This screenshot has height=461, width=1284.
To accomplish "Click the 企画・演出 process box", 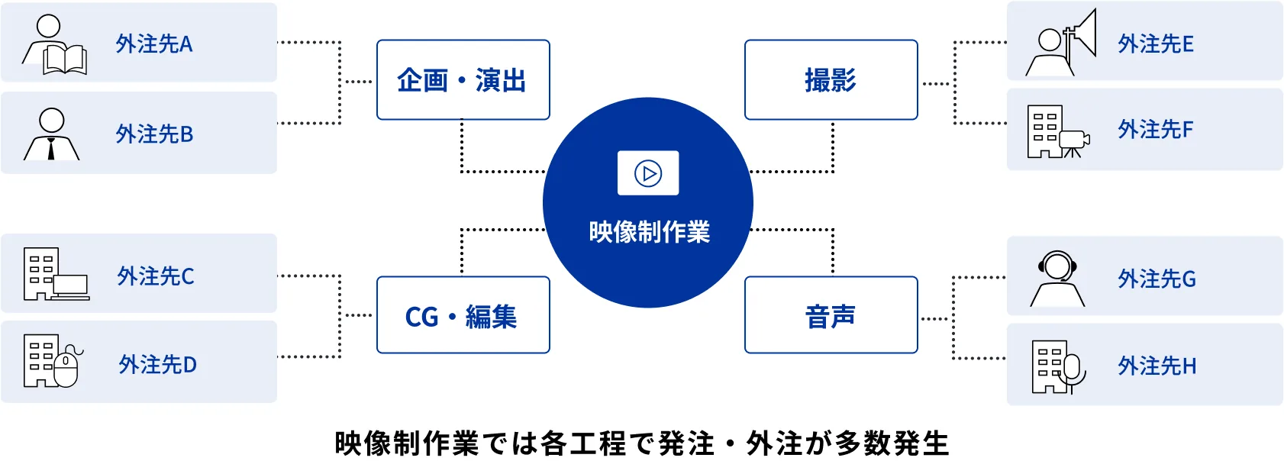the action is [463, 79].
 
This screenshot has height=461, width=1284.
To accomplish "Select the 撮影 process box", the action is [831, 79].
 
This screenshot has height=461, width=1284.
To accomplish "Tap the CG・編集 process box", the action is [463, 314].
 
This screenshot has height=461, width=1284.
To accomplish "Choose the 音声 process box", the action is [831, 314].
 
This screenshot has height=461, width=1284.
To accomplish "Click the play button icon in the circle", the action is [648, 173].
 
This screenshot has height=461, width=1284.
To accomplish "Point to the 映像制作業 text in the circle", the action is [650, 232].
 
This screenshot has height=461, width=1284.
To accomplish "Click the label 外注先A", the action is [154, 44].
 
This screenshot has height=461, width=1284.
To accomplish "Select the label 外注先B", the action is [154, 134].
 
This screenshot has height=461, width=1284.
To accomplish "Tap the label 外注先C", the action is [155, 276].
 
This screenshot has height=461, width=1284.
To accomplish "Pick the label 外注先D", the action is [157, 365].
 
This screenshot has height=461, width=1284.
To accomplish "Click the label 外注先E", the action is [1156, 44].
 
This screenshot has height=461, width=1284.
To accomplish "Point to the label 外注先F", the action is [1155, 130].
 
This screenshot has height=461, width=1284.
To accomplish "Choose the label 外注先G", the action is [1157, 279].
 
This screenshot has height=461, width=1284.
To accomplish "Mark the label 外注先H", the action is [1157, 366].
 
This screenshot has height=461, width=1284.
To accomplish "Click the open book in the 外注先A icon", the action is [66, 60].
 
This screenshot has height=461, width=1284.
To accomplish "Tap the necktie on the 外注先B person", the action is [52, 149].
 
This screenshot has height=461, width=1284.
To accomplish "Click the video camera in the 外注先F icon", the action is [1073, 143].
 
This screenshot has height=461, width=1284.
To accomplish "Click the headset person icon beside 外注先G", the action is [1057, 279].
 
